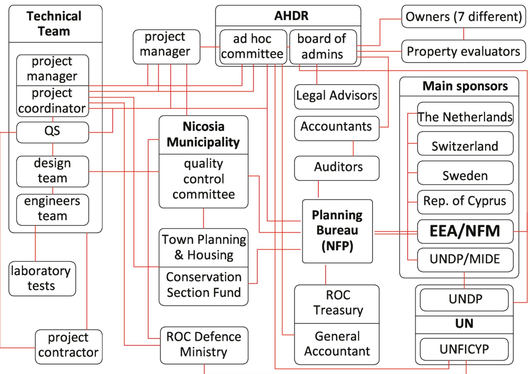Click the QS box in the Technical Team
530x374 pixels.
click(x=52, y=132)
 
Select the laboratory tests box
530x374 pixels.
click(x=42, y=279)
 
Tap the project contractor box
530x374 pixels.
click(x=68, y=346)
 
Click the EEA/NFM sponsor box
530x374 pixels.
click(x=465, y=231)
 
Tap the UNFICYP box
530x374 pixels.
click(x=464, y=349)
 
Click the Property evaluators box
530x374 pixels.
click(x=463, y=51)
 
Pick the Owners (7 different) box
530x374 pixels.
click(x=463, y=17)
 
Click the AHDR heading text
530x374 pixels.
click(x=291, y=16)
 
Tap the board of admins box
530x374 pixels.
click(x=323, y=47)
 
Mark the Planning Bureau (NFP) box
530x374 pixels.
click(x=337, y=231)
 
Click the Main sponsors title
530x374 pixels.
click(x=465, y=86)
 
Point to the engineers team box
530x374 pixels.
click(x=52, y=209)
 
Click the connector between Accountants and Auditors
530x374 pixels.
click(x=353, y=148)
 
